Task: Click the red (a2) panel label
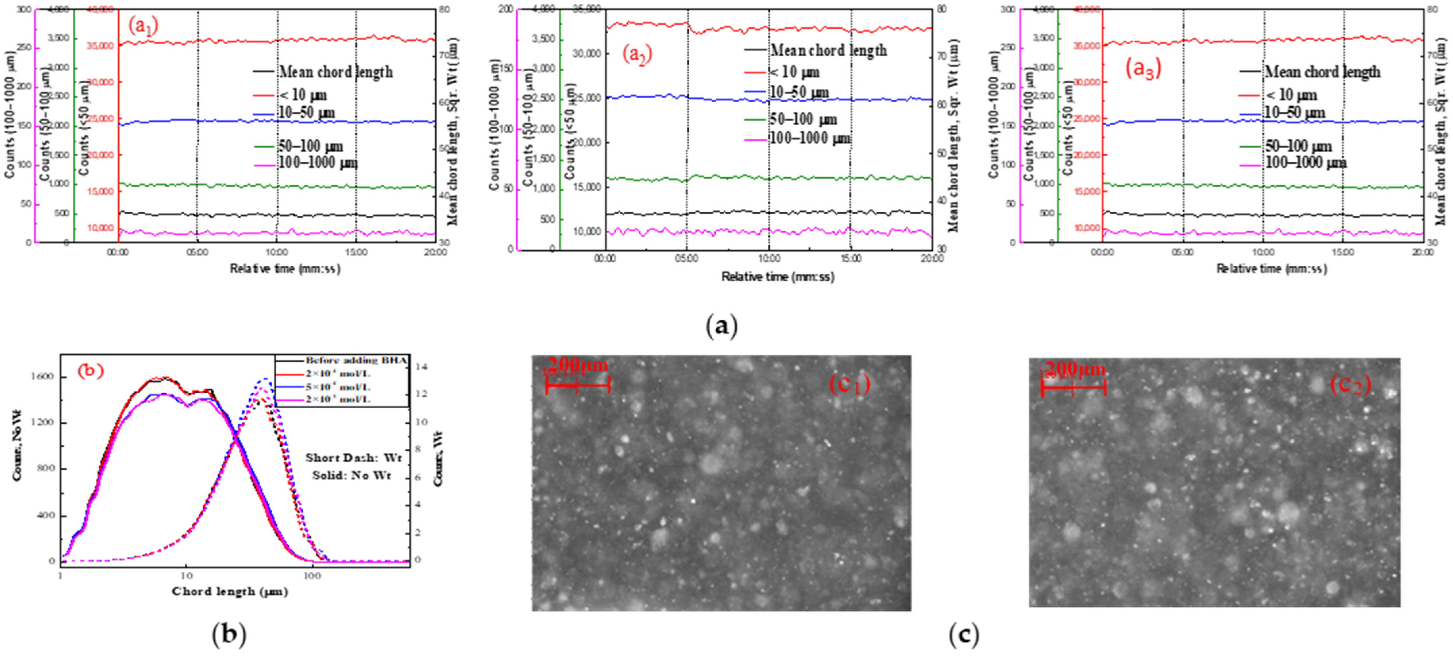point(637,55)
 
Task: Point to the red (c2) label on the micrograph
point(1350,385)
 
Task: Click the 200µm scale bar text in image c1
point(578,365)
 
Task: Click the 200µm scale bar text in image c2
point(1075,369)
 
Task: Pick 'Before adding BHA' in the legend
point(355,360)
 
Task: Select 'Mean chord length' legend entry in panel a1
point(336,72)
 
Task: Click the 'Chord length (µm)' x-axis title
point(229,591)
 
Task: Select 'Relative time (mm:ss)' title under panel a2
point(777,277)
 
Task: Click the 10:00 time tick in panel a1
point(276,253)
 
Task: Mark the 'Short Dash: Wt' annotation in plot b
point(353,457)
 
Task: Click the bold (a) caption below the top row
point(721,326)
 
